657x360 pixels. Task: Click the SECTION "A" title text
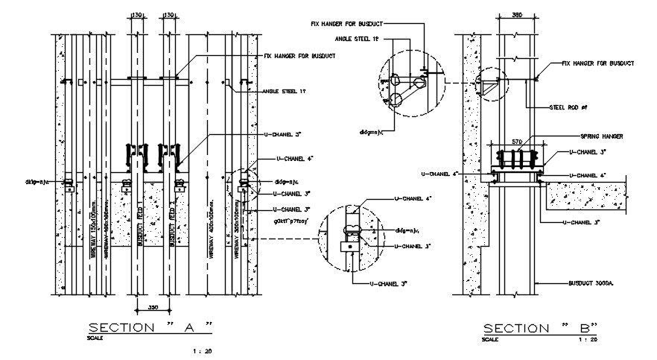tap(151, 327)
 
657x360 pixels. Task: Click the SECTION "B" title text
tap(542, 328)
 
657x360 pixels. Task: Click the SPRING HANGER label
tap(601, 137)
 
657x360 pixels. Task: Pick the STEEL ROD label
tap(568, 107)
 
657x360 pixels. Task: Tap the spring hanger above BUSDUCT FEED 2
tap(167, 157)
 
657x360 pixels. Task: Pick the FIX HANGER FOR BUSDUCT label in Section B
tap(597, 64)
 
